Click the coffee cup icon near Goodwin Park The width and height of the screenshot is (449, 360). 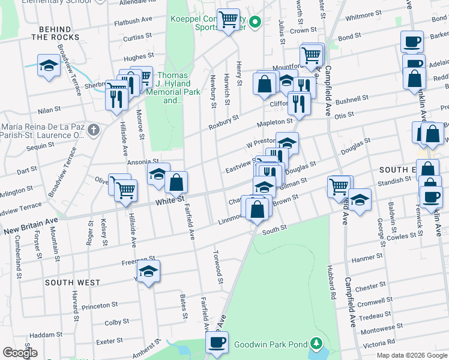click(217, 342)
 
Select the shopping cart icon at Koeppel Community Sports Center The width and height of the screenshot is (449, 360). click(228, 20)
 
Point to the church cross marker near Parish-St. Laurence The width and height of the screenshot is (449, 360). click(93, 129)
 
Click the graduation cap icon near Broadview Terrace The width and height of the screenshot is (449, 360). click(49, 65)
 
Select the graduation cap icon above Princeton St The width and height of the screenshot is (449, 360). click(148, 271)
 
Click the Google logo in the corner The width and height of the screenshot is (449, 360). click(20, 352)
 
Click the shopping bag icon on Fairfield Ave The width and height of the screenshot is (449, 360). click(176, 182)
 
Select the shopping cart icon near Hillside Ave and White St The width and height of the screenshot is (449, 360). click(125, 190)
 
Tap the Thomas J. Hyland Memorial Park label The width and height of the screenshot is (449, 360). click(172, 88)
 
